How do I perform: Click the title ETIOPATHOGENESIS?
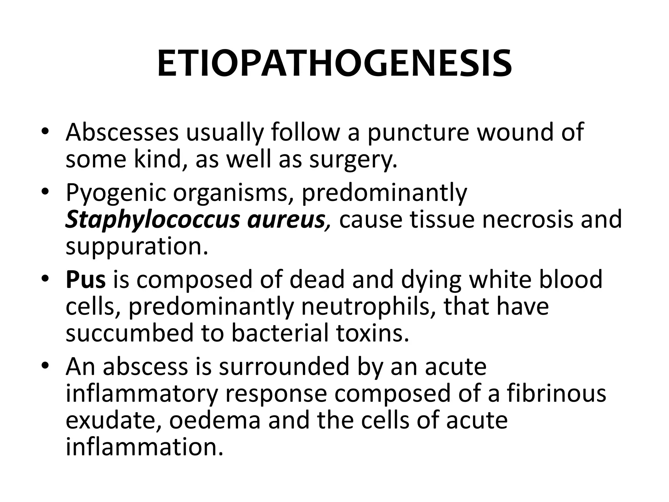click(x=334, y=64)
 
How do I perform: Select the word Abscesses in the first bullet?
click(x=122, y=132)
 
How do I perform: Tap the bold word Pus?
click(x=86, y=280)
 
